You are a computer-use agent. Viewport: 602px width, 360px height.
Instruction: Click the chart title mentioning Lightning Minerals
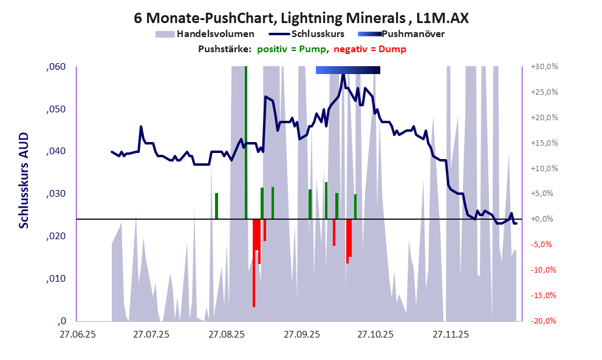301,18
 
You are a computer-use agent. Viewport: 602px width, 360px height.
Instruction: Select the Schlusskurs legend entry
318,34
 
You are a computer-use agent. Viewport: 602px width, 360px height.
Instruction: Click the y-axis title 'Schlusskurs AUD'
24,182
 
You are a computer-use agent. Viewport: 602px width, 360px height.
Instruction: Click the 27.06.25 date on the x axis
77,334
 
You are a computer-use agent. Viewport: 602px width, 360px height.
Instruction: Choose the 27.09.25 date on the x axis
301,334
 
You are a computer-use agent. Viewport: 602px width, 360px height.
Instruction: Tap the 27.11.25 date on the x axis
450,334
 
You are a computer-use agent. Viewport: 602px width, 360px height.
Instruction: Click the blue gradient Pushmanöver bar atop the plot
348,70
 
